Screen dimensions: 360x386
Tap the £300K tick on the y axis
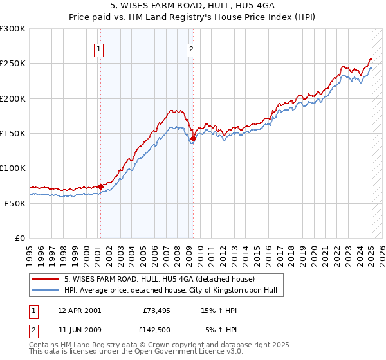tap(13, 29)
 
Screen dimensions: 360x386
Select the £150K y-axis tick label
tap(13, 134)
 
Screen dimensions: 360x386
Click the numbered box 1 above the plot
tap(99, 49)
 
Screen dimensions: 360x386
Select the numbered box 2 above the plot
tap(192, 49)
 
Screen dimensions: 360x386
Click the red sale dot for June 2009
tap(193, 138)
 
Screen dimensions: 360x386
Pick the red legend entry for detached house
tap(160, 279)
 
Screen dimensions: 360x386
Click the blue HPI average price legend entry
tap(170, 290)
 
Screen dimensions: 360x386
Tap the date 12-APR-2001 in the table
tap(79, 310)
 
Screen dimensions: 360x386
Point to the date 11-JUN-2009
tap(79, 330)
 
